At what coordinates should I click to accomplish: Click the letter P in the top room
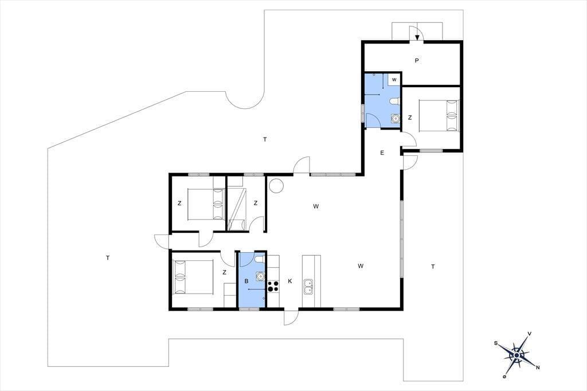pos(417,60)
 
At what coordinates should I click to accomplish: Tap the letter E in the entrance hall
pos(382,153)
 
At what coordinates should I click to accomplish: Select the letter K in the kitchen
pos(289,281)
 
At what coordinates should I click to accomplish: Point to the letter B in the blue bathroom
pos(246,281)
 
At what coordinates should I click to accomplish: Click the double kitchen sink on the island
pos(309,287)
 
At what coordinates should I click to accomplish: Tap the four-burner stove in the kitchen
pos(273,286)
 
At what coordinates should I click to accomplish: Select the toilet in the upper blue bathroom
pos(394,101)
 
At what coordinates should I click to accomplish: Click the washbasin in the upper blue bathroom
pos(395,118)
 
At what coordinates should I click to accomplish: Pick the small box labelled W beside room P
pos(394,80)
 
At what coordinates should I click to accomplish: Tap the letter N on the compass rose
pos(538,367)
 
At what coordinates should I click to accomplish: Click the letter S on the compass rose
pos(496,343)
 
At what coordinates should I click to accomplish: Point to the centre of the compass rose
pos(516,355)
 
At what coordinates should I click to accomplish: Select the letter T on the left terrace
pos(108,258)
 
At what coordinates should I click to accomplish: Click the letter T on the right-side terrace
pos(433,267)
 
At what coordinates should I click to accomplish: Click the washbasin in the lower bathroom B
pos(260,276)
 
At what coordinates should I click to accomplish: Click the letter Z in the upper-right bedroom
pos(410,117)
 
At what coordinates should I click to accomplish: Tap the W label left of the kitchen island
pos(361,266)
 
